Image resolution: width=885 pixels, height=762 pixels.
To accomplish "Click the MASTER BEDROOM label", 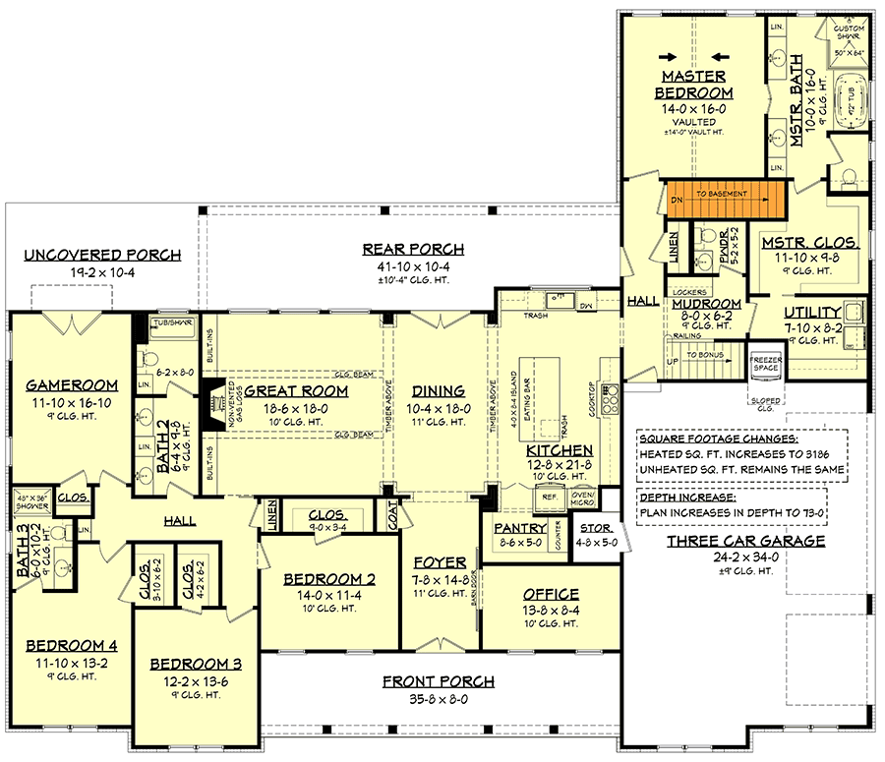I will click(693, 85).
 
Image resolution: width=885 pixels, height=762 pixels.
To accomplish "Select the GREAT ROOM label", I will click(289, 390).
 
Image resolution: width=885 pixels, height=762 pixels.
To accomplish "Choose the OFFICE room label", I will click(552, 594).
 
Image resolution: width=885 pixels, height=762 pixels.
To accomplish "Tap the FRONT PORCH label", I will click(440, 681).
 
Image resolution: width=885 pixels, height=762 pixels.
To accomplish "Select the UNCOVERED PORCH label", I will click(103, 256).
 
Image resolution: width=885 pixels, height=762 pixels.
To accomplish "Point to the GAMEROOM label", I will click(72, 384).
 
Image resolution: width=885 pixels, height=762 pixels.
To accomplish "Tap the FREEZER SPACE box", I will click(766, 363).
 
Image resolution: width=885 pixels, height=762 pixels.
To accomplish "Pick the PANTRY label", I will click(520, 528).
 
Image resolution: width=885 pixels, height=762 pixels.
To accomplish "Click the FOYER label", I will click(440, 562).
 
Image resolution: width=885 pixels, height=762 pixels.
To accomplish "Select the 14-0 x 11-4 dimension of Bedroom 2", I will click(330, 596).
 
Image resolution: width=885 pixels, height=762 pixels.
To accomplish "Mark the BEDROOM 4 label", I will click(72, 646).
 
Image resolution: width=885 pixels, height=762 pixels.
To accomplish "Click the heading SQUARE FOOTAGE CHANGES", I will click(716, 439).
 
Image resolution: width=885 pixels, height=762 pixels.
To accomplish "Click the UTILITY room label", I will click(812, 313).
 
